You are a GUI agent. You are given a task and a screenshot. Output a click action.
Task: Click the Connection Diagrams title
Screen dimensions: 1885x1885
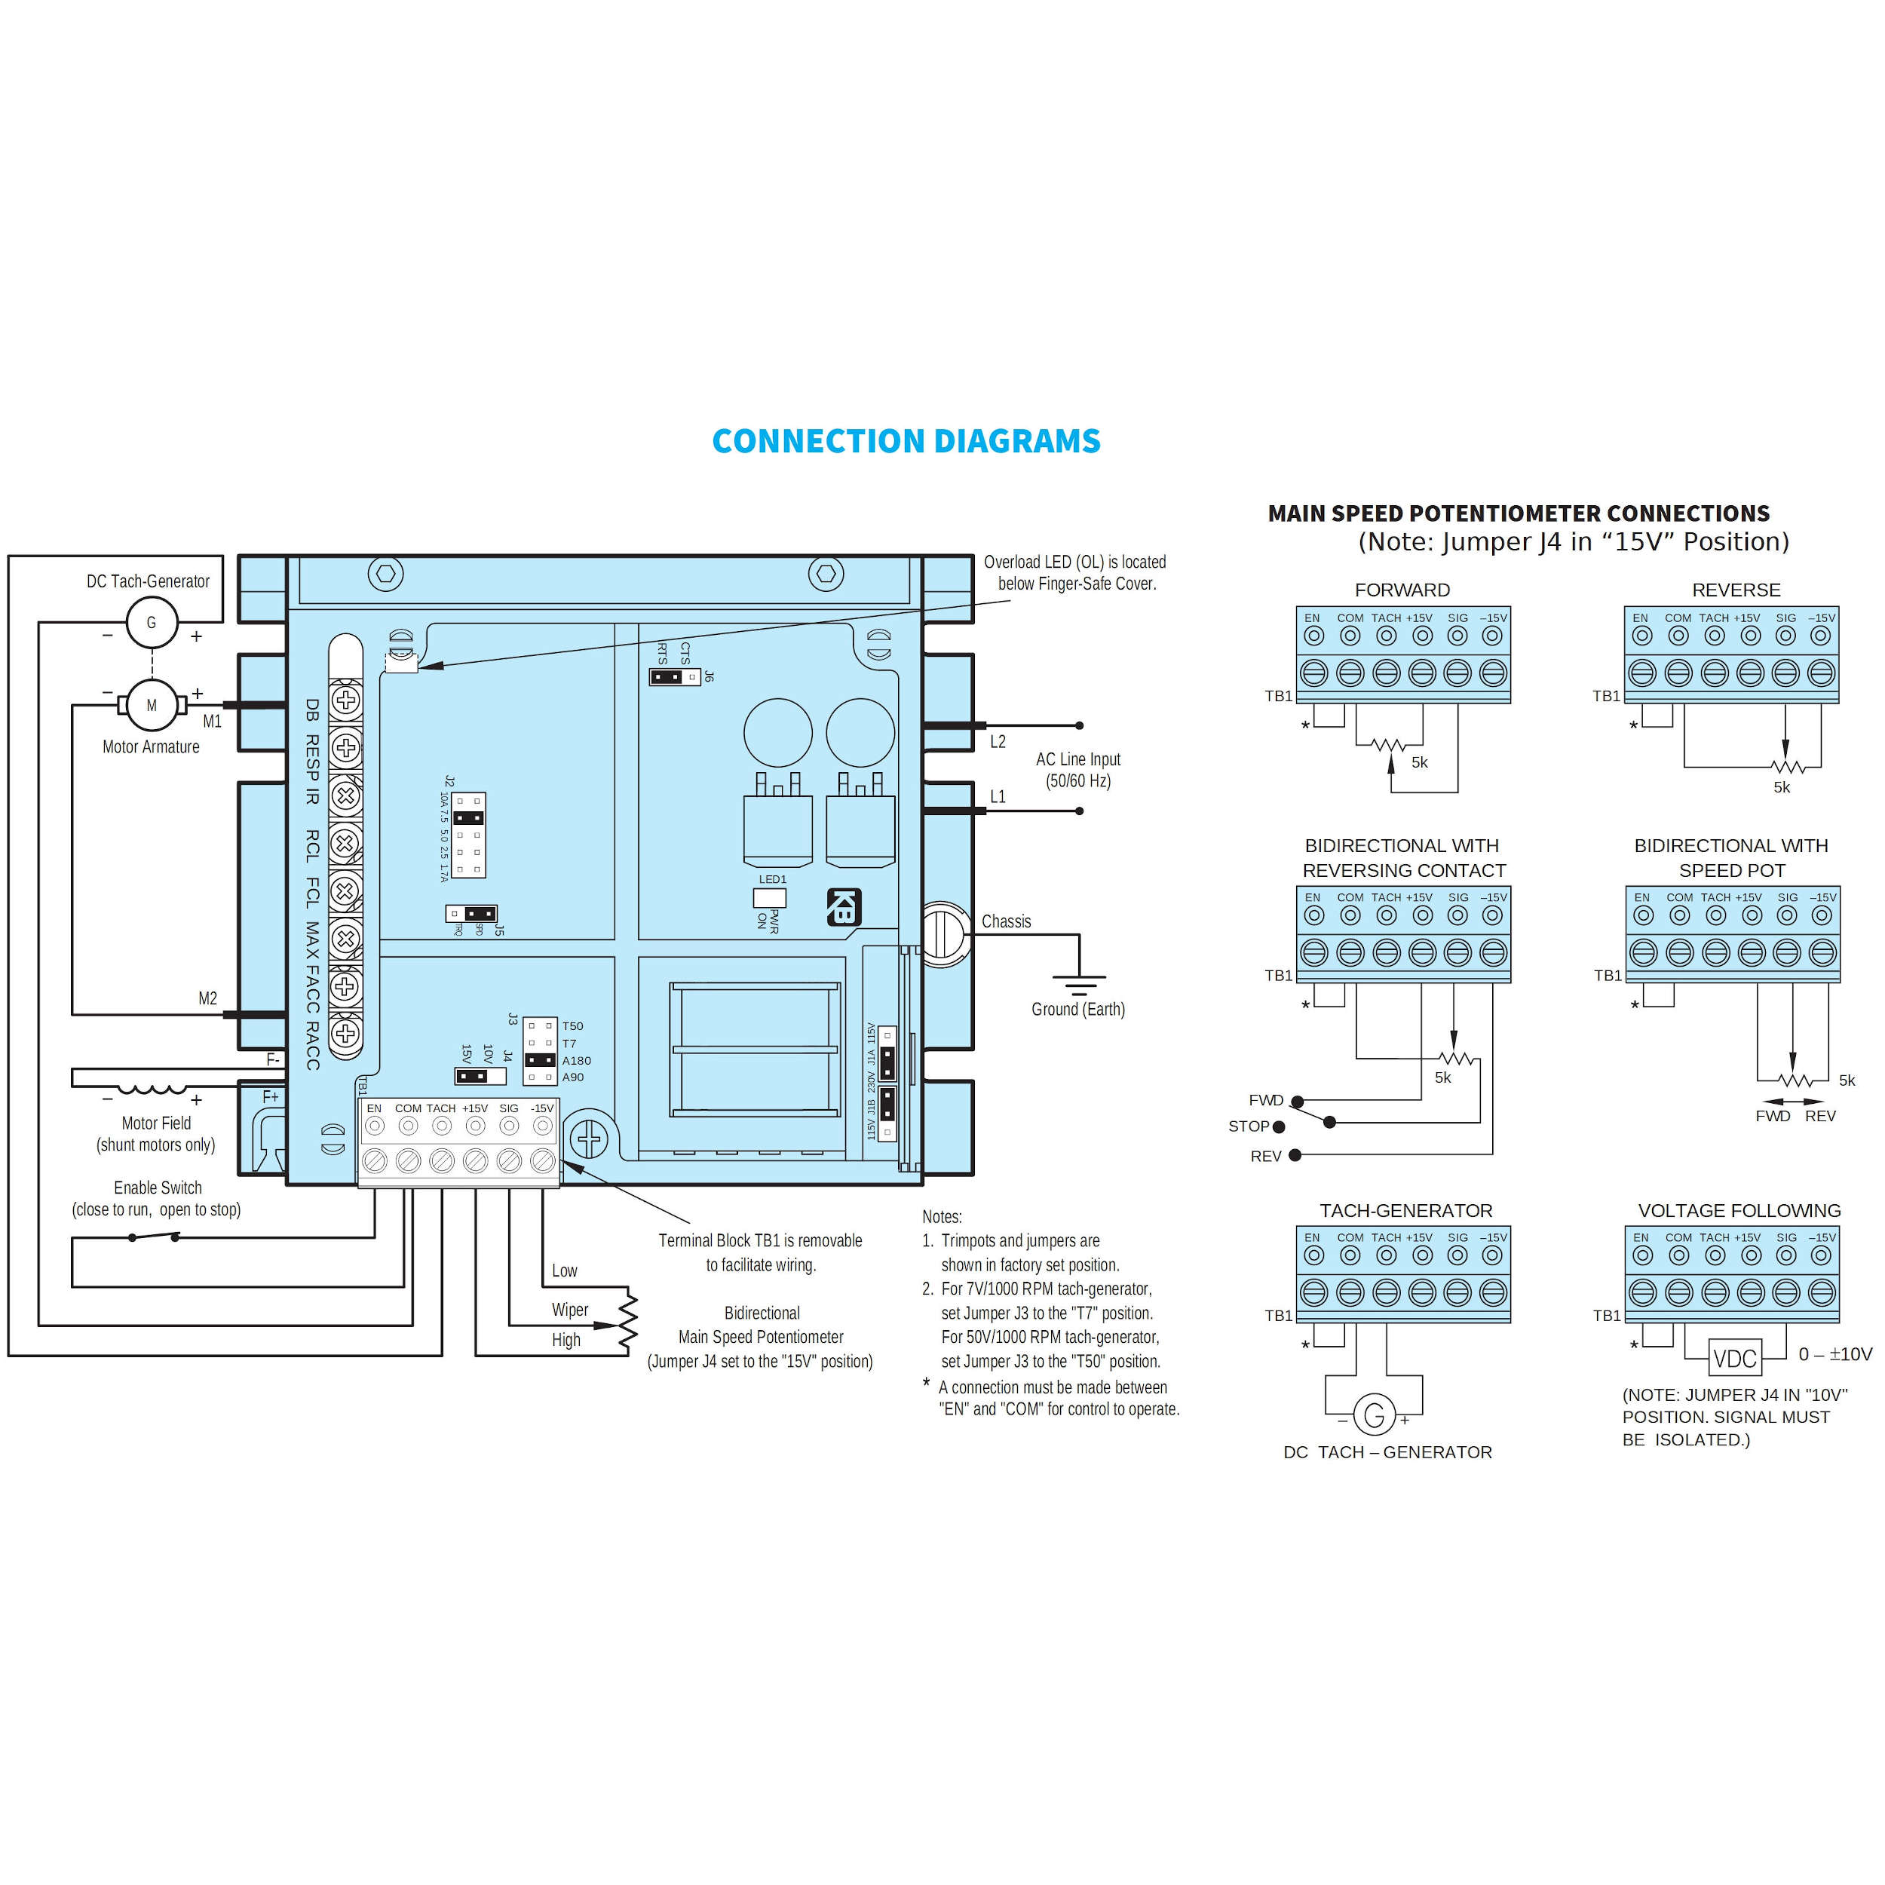906,441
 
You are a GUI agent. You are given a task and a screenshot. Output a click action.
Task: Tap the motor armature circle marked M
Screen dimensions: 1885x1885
152,704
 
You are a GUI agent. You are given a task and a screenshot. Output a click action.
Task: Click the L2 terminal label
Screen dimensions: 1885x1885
997,741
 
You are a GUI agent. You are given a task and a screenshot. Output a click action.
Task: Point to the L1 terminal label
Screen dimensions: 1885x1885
997,796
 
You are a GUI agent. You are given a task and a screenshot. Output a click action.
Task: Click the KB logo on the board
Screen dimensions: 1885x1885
844,906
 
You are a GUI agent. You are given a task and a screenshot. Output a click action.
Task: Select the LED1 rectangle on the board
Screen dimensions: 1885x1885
770,897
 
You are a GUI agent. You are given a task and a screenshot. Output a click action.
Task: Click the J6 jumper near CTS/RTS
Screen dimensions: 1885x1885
674,676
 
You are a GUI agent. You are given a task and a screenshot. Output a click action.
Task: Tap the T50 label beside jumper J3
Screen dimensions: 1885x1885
573,1026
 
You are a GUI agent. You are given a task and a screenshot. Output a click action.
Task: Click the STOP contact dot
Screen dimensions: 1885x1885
1279,1127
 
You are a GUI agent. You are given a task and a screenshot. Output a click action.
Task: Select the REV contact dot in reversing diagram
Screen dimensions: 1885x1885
1295,1155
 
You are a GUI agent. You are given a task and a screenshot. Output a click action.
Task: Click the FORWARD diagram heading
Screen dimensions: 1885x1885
1402,590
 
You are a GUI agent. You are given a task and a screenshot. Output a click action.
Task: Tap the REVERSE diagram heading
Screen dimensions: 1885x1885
1736,590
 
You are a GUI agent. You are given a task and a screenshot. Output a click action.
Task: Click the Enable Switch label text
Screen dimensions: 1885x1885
158,1188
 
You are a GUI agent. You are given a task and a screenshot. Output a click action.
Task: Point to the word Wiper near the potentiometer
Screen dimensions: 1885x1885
570,1310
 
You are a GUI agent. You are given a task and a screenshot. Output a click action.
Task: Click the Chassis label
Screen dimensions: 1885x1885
1006,921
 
